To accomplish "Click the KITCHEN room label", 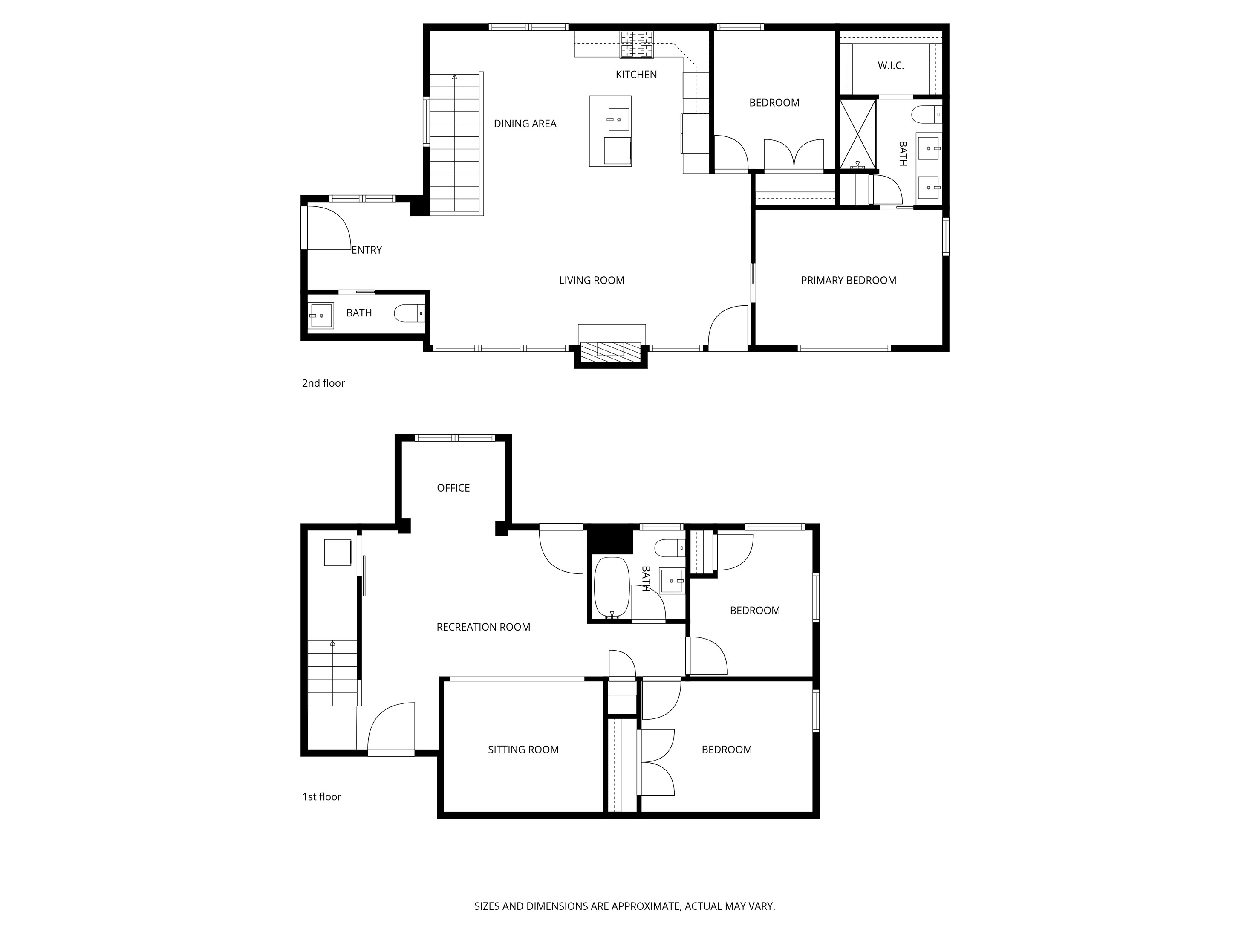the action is [636, 75].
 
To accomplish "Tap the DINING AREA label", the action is [525, 124].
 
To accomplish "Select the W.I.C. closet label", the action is [891, 66].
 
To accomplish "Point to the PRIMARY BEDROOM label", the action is [848, 281].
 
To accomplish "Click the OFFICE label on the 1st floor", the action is [453, 488].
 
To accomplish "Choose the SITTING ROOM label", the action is [523, 750].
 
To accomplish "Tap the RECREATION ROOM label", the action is [483, 627].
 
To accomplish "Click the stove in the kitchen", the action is [637, 44].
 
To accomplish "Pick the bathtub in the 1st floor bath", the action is [612, 587].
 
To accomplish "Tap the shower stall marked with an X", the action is [858, 134].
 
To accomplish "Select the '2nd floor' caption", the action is [323, 383].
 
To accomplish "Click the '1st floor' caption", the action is [321, 797].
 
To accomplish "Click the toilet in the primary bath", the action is [927, 114].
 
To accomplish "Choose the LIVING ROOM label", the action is [592, 281].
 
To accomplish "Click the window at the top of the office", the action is [455, 437].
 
